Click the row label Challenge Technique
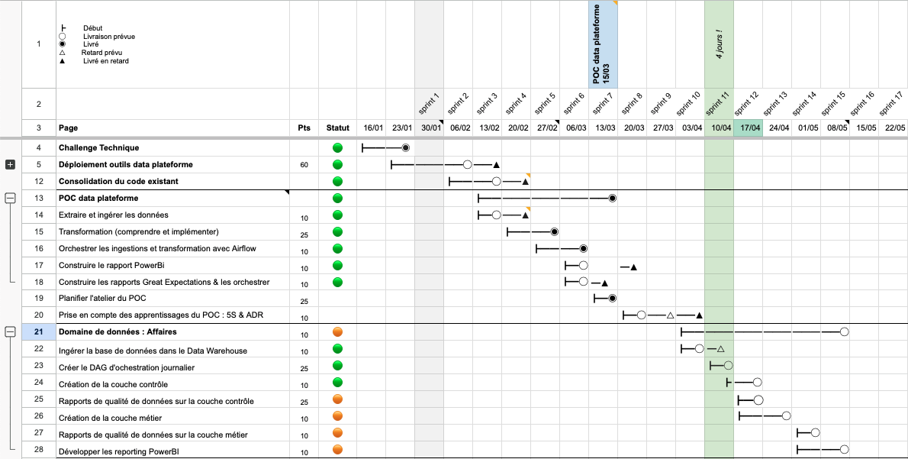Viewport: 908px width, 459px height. point(98,147)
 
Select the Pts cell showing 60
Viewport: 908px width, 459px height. point(304,165)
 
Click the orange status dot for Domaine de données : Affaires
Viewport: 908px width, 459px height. point(337,332)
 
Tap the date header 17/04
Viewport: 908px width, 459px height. point(747,128)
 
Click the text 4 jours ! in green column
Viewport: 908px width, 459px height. point(718,44)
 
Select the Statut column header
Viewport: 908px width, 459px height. point(337,128)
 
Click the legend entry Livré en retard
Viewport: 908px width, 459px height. point(105,61)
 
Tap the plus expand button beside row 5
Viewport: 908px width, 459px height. point(11,164)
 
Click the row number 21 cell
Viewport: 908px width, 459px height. point(38,332)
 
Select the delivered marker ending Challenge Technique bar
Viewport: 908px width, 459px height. point(406,147)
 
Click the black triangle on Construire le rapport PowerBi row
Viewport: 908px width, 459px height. point(634,267)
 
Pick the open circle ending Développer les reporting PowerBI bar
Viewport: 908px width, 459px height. point(844,449)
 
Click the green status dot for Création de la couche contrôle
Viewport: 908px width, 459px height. point(337,383)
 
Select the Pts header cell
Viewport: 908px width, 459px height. point(304,128)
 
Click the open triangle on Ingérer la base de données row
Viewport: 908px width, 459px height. point(720,349)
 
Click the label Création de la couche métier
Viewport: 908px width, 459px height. point(110,418)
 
